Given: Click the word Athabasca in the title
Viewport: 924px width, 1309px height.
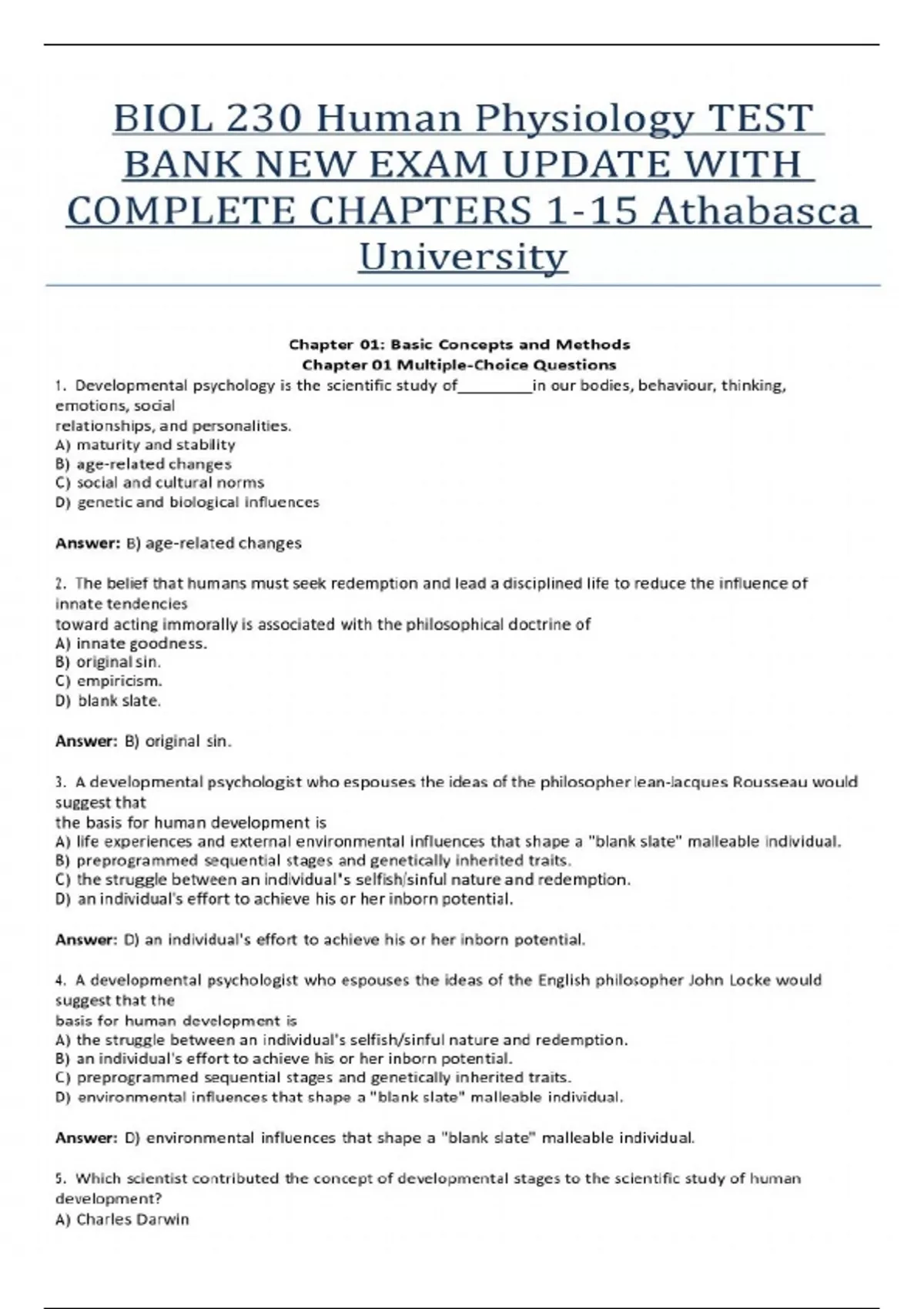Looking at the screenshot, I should [x=755, y=211].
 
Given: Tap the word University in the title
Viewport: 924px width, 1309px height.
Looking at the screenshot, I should [x=463, y=256].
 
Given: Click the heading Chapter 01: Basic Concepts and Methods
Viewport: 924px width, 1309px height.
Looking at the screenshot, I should [x=459, y=344].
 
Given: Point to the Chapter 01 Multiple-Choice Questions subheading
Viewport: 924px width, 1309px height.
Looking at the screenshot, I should [x=459, y=364].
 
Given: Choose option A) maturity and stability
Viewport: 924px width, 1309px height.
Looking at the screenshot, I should [x=146, y=444].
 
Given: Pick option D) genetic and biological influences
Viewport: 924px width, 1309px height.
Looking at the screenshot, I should [x=187, y=502].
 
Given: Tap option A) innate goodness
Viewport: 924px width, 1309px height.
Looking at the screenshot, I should [x=131, y=643].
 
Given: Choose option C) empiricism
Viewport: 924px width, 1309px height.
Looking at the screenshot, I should [x=109, y=681].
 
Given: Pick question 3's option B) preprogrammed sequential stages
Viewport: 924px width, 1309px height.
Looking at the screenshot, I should [x=313, y=860].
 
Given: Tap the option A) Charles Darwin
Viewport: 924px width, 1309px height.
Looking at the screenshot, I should [x=122, y=1219].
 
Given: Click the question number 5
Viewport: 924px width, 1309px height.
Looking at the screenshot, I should [x=61, y=1178].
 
